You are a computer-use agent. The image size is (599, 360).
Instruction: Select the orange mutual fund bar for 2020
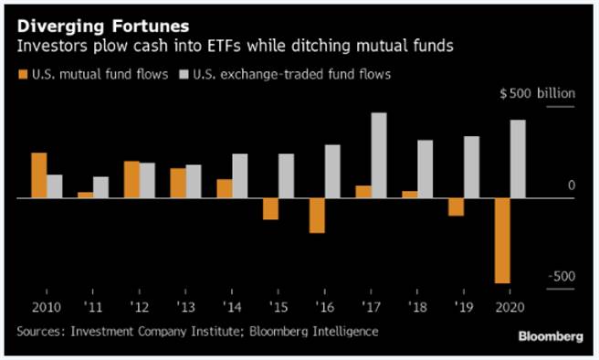click(500, 240)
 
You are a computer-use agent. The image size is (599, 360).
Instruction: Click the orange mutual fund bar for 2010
click(38, 175)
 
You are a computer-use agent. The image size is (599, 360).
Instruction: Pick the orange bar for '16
click(317, 215)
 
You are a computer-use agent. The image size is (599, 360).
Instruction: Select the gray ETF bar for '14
click(240, 175)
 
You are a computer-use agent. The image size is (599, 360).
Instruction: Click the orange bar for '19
click(456, 206)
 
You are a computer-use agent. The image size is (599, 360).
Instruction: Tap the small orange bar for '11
click(85, 194)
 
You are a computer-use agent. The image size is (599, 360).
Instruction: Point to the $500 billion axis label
click(537, 94)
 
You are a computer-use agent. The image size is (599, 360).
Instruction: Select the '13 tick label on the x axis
click(185, 308)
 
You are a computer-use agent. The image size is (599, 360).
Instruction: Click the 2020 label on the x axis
click(510, 308)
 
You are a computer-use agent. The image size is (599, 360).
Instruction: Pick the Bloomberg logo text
click(551, 336)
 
